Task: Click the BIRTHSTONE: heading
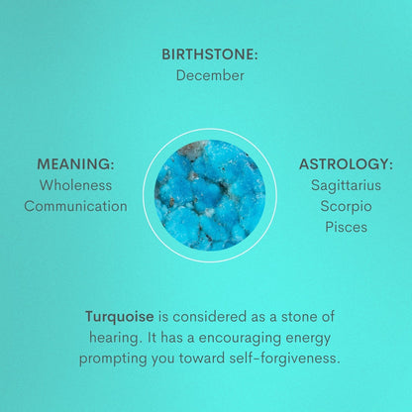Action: [210, 54]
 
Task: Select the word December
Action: [210, 75]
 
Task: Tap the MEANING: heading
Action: [75, 164]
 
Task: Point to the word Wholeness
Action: [75, 185]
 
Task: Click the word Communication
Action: [75, 206]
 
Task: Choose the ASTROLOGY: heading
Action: [346, 164]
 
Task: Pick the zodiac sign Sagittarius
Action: [346, 185]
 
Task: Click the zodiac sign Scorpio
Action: [346, 206]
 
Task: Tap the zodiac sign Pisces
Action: [346, 227]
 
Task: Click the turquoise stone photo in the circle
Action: [210, 194]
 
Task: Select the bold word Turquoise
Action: [119, 317]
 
